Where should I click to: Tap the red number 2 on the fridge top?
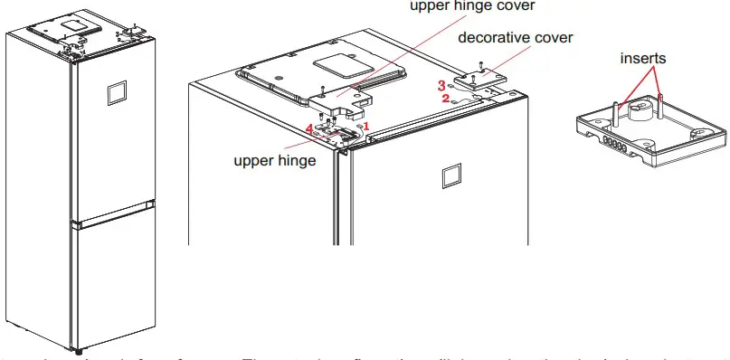446,99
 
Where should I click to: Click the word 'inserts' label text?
642,58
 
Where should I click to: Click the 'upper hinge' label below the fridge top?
275,161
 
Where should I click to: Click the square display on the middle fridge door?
452,175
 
